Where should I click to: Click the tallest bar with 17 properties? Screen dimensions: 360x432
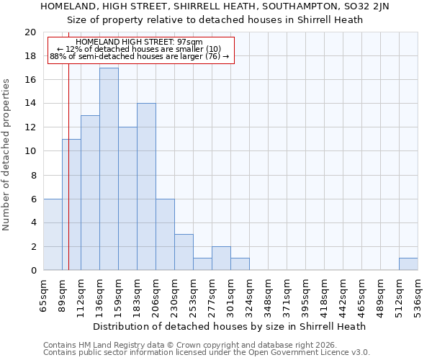pyautogui.click(x=109, y=169)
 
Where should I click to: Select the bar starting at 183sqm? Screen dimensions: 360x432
pyautogui.click(x=146, y=187)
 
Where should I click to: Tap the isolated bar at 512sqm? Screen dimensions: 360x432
pyautogui.click(x=408, y=264)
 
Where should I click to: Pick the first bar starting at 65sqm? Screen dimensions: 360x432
pyautogui.click(x=53, y=235)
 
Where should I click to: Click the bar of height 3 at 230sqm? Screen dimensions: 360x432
pyautogui.click(x=184, y=252)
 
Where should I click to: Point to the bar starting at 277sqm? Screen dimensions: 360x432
pyautogui.click(x=221, y=258)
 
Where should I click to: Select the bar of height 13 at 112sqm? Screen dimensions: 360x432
pyautogui.click(x=90, y=193)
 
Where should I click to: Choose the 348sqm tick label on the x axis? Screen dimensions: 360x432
pyautogui.click(x=269, y=294)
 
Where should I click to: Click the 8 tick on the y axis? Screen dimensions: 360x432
pyautogui.click(x=32, y=175)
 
